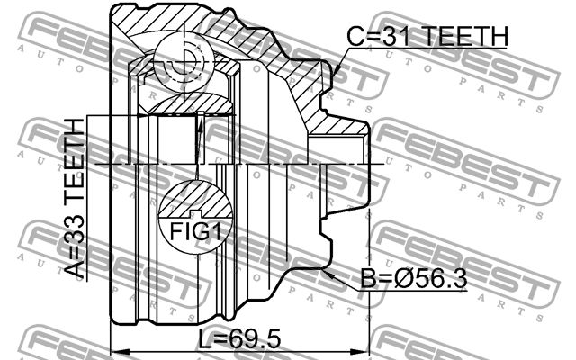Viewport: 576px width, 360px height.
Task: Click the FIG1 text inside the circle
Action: pyautogui.click(x=195, y=232)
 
